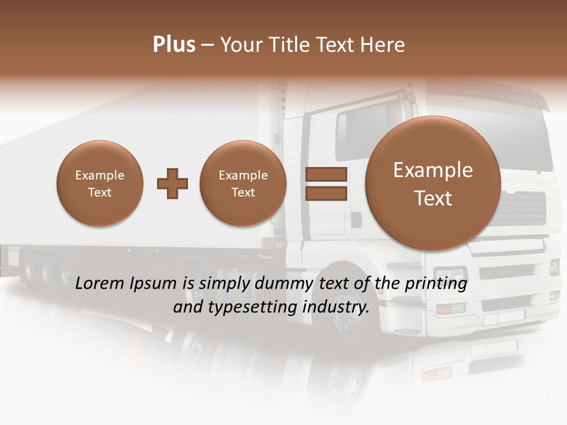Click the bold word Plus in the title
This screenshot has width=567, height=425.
[174, 45]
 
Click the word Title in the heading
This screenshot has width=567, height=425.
[292, 45]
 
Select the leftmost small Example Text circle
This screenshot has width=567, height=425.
[99, 184]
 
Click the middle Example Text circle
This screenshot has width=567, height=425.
[243, 184]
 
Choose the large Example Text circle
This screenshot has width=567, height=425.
[433, 184]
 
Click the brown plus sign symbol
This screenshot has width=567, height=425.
[172, 184]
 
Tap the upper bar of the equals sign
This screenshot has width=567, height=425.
[326, 175]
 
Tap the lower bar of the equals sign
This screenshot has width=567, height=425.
[326, 193]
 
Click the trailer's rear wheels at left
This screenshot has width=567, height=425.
[47, 269]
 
